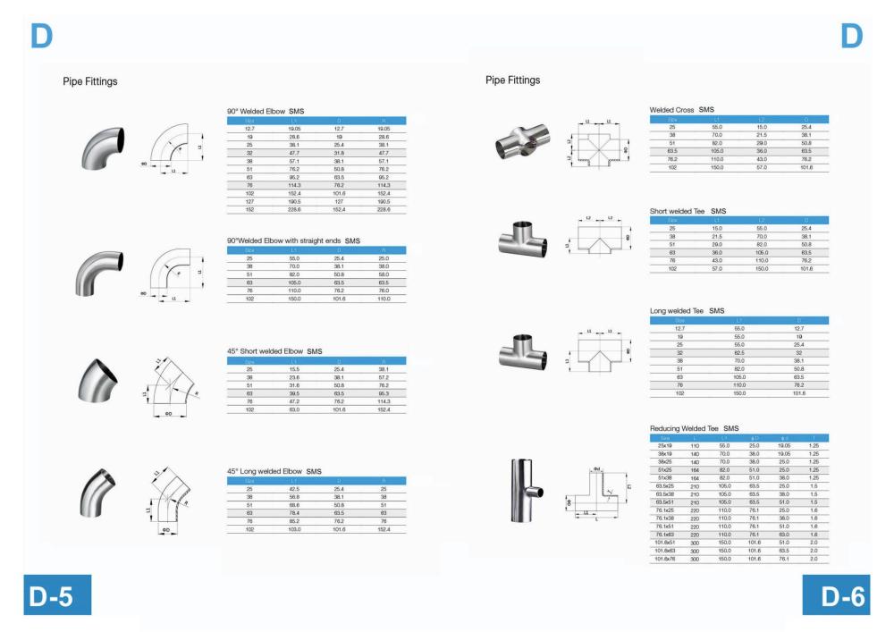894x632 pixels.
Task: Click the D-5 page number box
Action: click(x=56, y=596)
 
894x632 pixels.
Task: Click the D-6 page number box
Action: click(x=837, y=596)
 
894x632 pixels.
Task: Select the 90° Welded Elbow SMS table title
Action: click(x=266, y=111)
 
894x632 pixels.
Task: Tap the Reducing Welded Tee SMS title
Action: click(x=694, y=429)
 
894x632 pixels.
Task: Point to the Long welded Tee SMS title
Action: click(x=687, y=311)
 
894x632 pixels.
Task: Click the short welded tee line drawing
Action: click(x=598, y=237)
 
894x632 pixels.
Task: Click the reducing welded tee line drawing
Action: click(x=602, y=493)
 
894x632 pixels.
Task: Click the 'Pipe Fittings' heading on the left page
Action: click(x=90, y=81)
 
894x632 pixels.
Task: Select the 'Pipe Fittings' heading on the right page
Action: click(x=513, y=80)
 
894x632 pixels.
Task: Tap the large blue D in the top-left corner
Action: click(x=41, y=35)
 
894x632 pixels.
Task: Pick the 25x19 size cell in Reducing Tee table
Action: click(x=665, y=445)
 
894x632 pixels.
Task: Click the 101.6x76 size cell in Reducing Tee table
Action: click(x=665, y=560)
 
